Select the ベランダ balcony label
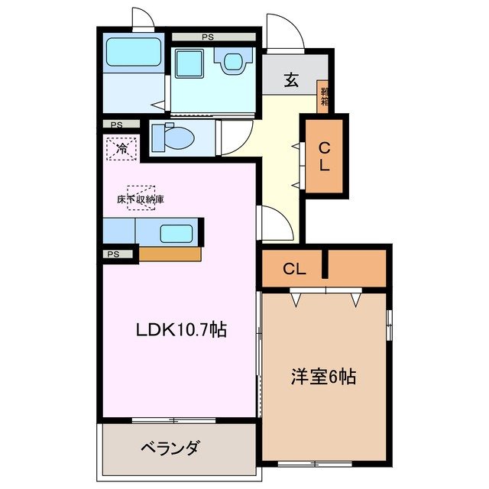tap(170, 447)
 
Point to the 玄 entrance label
tap(292, 79)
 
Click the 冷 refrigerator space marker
tap(121, 147)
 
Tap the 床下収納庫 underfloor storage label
tap(141, 199)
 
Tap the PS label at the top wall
tap(208, 35)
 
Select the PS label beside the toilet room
tap(116, 125)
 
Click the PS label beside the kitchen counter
tap(113, 254)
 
